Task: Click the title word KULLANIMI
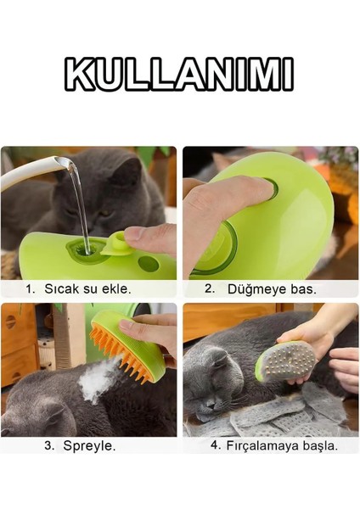click(179, 75)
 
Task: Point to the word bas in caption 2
click(302, 288)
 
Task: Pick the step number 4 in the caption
click(216, 445)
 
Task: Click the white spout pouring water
click(34, 173)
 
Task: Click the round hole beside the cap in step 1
click(148, 263)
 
